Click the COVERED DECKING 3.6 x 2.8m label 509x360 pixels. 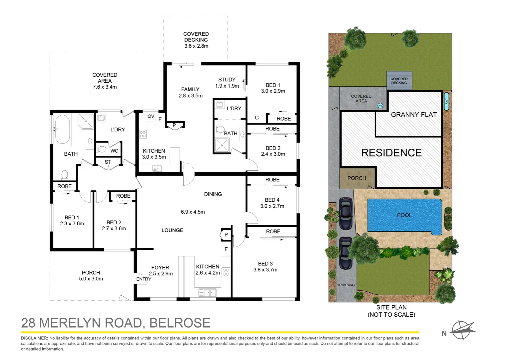196,40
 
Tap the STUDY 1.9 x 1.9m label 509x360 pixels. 227,83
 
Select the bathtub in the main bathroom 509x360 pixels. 62,129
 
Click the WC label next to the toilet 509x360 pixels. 114,151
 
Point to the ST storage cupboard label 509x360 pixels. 108,162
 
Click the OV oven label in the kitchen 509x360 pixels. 151,116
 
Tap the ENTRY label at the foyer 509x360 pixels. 144,279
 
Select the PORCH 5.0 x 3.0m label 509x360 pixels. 91,276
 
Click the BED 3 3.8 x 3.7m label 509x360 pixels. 265,267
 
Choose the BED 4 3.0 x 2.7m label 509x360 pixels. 272,203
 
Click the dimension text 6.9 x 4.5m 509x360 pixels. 193,212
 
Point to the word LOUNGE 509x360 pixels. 172,230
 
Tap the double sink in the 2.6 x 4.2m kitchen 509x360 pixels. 207,293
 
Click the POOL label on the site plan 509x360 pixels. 404,215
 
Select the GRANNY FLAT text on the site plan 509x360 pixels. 414,115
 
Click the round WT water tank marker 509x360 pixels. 380,106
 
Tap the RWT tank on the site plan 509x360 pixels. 446,101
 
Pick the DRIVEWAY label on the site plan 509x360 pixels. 346,285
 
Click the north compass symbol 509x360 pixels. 462,330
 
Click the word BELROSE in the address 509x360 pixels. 180,323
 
